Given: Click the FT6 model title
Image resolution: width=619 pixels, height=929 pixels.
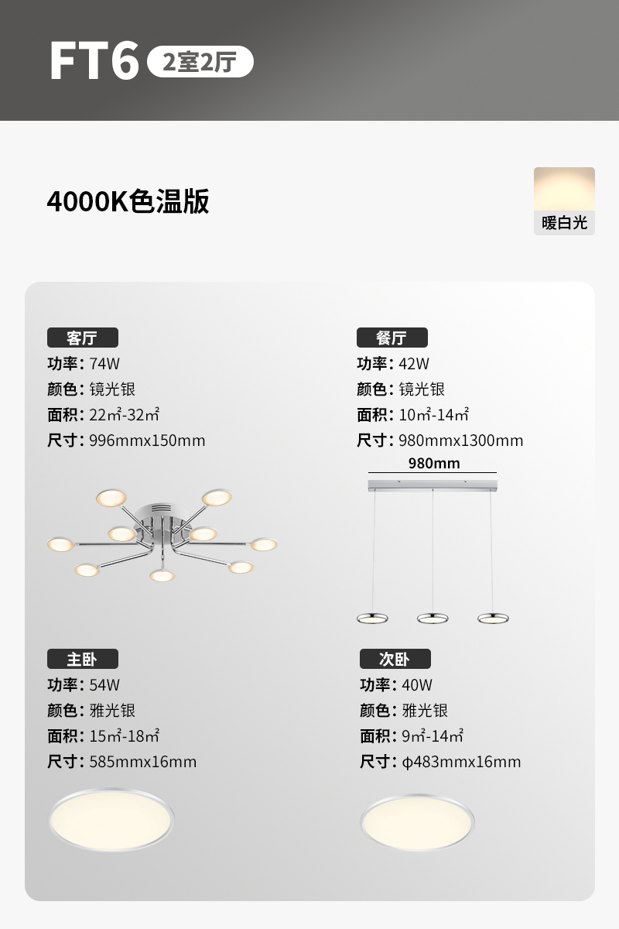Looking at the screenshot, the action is [94, 61].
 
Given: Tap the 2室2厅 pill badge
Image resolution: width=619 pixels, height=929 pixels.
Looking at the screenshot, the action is [200, 62].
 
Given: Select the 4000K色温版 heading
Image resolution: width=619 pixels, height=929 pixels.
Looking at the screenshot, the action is [128, 201].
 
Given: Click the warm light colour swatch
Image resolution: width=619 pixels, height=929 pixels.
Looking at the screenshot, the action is [564, 189].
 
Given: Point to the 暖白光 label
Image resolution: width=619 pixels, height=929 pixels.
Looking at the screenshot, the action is [564, 224].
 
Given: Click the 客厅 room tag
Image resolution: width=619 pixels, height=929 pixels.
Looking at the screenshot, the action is [82, 338].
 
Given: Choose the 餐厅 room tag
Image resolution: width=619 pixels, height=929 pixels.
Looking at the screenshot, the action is [392, 338].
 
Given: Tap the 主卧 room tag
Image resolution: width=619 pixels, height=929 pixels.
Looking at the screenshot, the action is [82, 659].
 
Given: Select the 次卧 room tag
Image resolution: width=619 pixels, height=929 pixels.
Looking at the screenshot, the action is [395, 659].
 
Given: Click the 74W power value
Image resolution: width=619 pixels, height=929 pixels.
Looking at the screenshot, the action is [104, 364].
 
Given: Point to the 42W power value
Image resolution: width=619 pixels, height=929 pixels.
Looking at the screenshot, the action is [414, 364].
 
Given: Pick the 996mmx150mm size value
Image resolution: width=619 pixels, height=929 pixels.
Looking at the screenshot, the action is [147, 441].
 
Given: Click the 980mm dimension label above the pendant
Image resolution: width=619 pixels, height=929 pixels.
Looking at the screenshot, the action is [434, 464].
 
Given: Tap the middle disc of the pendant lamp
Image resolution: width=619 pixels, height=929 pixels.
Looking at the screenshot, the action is [433, 618].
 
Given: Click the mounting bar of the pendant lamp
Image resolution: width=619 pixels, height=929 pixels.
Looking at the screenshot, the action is [433, 485].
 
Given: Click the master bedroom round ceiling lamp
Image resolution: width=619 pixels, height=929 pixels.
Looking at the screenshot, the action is [111, 819].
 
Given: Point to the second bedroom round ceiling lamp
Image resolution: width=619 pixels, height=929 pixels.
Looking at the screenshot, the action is [418, 822].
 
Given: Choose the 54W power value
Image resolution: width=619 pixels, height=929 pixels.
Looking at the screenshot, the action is [104, 685].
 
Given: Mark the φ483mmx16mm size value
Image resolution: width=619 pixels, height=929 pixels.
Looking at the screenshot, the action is [461, 762].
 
